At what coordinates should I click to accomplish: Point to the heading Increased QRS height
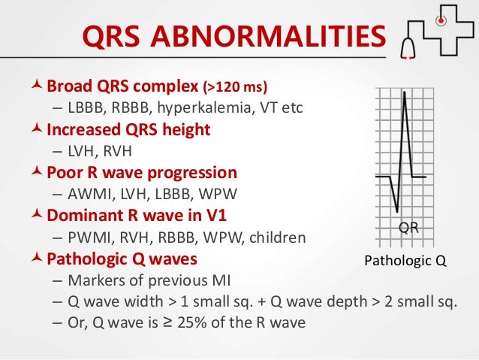point(128,129)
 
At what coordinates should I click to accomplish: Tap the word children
point(277,237)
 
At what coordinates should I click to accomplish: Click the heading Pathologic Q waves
point(122,259)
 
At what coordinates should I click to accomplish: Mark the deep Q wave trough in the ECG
point(396,207)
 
